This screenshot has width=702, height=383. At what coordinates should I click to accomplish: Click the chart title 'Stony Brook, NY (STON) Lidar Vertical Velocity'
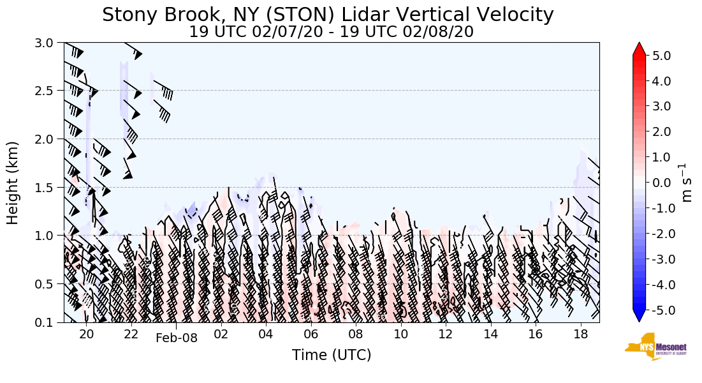328,14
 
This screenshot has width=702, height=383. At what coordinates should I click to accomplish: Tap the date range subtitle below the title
331,32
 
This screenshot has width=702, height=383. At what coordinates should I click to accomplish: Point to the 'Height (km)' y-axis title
13,183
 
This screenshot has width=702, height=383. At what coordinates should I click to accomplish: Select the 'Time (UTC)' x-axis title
332,355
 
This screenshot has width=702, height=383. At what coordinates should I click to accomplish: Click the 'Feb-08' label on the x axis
177,338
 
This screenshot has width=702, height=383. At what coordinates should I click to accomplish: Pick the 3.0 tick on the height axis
48,43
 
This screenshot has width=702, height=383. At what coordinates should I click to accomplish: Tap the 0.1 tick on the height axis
48,323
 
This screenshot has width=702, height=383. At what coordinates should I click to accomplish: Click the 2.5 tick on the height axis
48,91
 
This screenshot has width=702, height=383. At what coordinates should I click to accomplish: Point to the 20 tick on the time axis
87,334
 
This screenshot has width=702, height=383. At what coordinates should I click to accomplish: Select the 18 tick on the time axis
580,334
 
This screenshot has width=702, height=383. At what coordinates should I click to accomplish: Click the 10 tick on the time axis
401,334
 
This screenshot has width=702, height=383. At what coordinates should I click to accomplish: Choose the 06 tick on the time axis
311,334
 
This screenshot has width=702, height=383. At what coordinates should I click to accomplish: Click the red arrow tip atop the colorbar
640,49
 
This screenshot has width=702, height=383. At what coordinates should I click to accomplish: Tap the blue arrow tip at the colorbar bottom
640,317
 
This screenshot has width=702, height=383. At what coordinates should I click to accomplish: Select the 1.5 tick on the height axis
48,187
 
